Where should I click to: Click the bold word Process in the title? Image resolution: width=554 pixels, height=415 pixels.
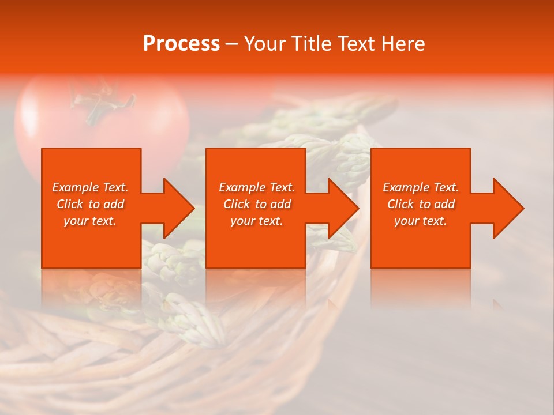181,44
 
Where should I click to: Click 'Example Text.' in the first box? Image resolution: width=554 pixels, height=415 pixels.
91,187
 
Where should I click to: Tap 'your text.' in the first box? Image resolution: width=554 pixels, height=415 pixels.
91,221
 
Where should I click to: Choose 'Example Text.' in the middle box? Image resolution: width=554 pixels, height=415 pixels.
257,187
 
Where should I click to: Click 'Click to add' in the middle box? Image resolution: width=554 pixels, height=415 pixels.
257,204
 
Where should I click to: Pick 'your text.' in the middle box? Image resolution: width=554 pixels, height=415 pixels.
257,221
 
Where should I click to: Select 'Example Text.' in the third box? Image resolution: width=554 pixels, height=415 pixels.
421,187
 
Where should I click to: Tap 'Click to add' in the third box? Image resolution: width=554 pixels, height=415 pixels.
421,204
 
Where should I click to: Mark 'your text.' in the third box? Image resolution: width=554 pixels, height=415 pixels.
421,221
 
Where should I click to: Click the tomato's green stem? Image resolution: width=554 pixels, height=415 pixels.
101,104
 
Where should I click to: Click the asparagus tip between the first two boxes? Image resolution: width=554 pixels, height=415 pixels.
170,259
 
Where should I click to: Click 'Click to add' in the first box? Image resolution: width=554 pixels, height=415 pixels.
91,204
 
